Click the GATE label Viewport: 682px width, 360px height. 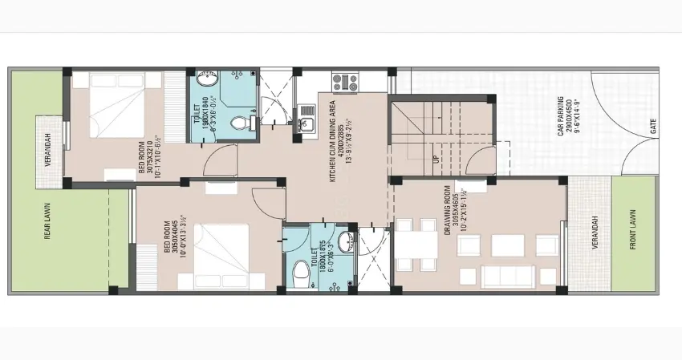pyautogui.click(x=654, y=126)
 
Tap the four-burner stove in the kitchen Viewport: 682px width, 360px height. pyautogui.click(x=346, y=81)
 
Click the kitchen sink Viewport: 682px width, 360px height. pyautogui.click(x=307, y=124)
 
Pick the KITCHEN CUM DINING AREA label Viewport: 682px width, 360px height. pyautogui.click(x=336, y=141)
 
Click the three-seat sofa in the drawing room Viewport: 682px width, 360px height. pyautogui.click(x=508, y=277)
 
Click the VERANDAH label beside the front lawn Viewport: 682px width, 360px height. pyautogui.click(x=595, y=233)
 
